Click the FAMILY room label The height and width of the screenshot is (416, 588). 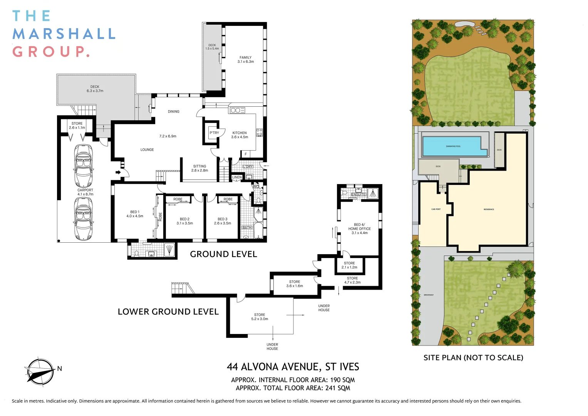coord(246,59)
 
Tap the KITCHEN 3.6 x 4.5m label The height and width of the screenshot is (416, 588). coord(240,135)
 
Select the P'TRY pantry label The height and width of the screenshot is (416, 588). coord(214,133)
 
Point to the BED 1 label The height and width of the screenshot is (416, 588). coord(135,214)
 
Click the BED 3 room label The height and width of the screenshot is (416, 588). coord(223,221)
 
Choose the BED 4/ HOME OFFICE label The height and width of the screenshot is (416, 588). coord(360,229)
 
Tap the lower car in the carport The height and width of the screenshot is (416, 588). coord(84,218)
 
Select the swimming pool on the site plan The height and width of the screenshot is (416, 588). coord(453,146)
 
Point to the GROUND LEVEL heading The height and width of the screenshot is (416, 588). coord(223,254)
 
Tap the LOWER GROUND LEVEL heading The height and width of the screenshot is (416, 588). coord(168,312)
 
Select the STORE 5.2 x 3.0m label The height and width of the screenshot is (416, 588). coord(260,317)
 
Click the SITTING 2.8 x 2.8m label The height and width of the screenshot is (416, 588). coord(200,168)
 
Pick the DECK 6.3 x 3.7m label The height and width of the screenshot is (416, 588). coord(95,89)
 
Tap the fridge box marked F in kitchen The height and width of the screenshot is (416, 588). coord(246,154)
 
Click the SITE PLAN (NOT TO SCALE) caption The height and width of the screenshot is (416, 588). coord(473,357)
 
